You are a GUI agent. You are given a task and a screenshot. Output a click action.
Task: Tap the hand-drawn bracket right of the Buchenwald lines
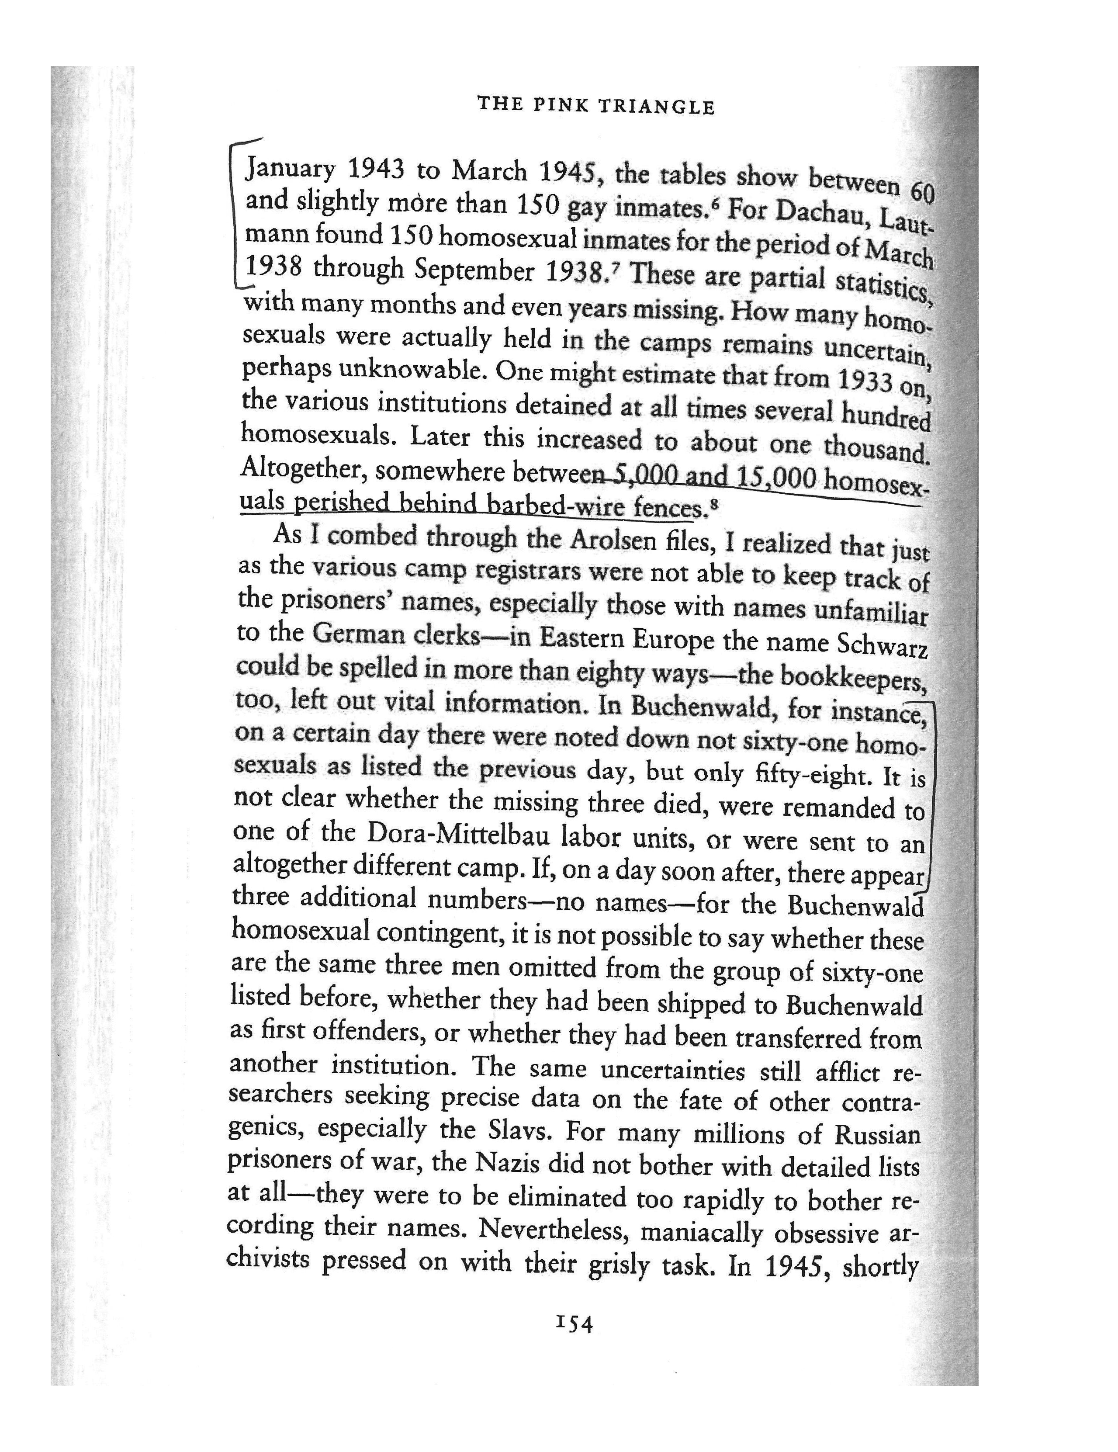click(x=932, y=791)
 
